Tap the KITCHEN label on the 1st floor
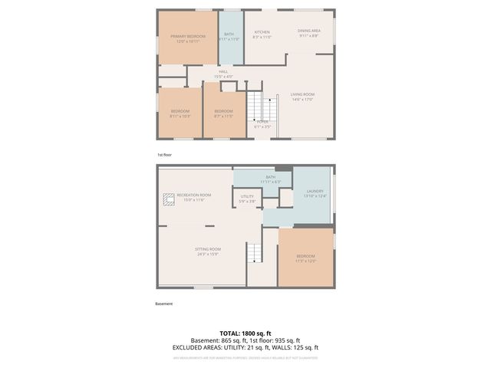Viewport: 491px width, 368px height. point(262,32)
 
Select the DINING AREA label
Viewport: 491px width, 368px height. point(308,31)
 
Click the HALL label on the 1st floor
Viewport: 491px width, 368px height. point(222,72)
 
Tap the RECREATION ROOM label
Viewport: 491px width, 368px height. point(194,195)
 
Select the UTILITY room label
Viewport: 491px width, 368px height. point(246,197)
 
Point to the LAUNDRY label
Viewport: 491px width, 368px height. point(315,191)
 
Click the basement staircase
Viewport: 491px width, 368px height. point(254,253)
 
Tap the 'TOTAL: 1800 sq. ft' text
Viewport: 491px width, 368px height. point(245,333)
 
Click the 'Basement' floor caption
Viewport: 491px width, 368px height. point(164,304)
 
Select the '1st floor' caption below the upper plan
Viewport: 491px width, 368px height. point(165,154)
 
